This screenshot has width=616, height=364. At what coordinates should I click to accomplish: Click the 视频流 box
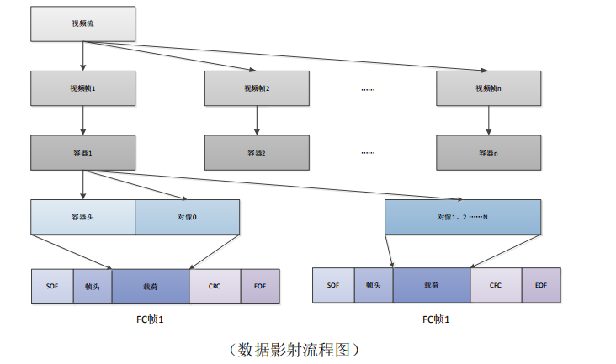click(82, 24)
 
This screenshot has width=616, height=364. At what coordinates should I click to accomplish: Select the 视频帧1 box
click(82, 88)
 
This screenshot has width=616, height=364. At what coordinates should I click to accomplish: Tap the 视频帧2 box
click(257, 88)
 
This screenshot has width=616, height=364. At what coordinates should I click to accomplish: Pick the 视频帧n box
click(488, 88)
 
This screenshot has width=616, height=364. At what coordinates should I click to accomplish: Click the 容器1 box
click(82, 153)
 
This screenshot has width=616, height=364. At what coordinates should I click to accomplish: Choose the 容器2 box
click(257, 153)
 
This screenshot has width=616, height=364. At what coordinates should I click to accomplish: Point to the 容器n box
click(488, 153)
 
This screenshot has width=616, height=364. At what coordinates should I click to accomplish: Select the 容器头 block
click(82, 217)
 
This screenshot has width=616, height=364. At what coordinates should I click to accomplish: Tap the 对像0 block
click(187, 217)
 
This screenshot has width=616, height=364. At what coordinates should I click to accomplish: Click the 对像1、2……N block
click(462, 217)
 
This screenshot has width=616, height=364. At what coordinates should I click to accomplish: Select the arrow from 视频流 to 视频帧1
click(82, 55)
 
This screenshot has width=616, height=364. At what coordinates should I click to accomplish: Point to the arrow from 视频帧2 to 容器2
click(257, 120)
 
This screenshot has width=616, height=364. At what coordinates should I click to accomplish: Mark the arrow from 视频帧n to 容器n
click(488, 120)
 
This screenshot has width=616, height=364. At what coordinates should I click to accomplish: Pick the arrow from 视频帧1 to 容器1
click(82, 120)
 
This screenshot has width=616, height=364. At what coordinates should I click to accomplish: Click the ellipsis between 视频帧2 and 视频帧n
click(368, 88)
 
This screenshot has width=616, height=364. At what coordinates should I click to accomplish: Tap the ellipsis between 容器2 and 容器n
click(368, 153)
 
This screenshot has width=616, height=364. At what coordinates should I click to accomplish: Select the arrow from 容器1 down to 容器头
click(82, 184)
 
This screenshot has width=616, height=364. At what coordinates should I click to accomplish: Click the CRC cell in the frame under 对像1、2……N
click(496, 285)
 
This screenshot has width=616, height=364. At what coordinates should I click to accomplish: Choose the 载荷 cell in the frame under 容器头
click(151, 286)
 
